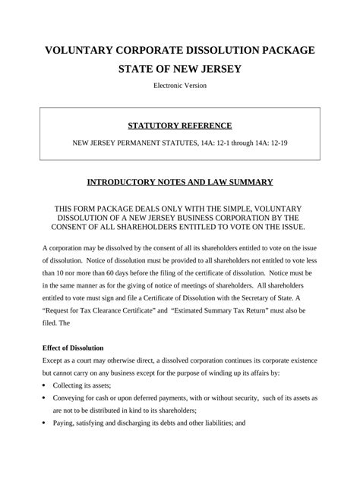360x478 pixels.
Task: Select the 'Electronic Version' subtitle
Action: tap(180, 86)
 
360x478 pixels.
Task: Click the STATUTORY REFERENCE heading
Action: tap(180, 125)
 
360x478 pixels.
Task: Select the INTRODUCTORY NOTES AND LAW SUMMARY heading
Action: tap(180, 182)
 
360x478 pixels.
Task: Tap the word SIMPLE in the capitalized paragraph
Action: tap(217, 208)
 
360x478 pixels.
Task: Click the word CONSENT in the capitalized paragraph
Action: tap(77, 226)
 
